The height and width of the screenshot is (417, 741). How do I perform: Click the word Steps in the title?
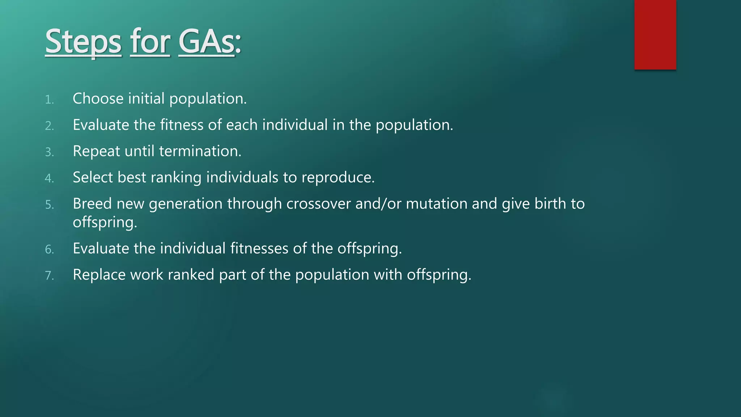click(83, 42)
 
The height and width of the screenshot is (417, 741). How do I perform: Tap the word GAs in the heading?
click(207, 42)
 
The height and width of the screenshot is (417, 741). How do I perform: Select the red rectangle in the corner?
click(655, 35)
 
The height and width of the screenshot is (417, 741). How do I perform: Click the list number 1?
click(49, 100)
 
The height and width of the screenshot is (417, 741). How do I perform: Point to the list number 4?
click(49, 178)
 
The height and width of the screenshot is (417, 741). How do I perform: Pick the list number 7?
click(49, 276)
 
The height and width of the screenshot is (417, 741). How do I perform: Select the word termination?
click(200, 151)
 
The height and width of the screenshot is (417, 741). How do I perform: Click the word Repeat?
click(96, 151)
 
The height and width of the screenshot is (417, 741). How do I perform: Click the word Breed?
click(92, 204)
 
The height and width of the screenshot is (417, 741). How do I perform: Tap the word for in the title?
click(150, 42)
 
